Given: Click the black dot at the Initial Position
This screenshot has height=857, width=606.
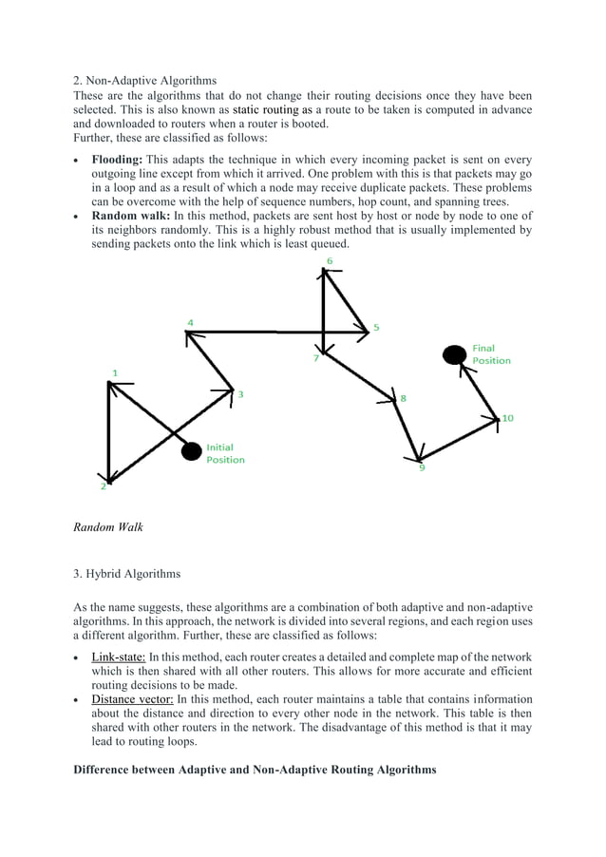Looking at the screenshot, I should [192, 451].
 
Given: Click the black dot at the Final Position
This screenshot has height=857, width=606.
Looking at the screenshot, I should [455, 354].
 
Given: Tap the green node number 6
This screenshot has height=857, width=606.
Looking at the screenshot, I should [329, 259].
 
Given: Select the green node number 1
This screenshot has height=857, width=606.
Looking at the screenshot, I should [116, 372].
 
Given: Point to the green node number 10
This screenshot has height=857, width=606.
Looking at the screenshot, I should [507, 418].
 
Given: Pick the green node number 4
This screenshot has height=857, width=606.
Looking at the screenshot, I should [190, 323].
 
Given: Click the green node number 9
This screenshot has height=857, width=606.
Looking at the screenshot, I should [422, 467].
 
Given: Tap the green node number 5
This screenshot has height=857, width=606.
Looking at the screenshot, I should [376, 328].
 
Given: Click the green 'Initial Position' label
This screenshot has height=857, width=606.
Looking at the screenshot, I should [225, 453].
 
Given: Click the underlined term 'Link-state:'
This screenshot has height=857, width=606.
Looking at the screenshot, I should [118, 657].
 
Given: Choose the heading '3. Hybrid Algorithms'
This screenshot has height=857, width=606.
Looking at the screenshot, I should [126, 573].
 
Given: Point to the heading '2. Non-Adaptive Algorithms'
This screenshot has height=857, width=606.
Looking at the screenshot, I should [144, 81].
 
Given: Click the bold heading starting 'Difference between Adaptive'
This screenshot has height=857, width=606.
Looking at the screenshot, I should [255, 770].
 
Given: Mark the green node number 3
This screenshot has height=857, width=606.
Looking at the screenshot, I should [240, 394].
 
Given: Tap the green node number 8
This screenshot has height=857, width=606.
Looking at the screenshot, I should [403, 398].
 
